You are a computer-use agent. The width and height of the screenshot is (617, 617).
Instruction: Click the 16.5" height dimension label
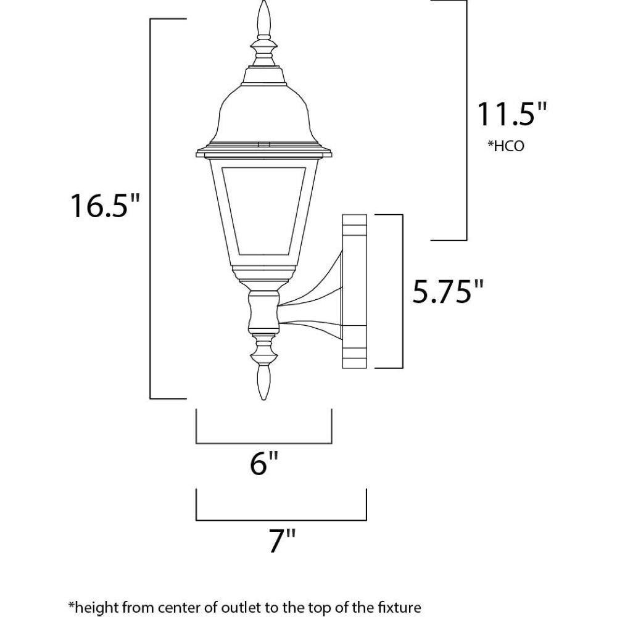(105, 206)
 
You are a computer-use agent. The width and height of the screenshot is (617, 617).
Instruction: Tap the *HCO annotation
(506, 146)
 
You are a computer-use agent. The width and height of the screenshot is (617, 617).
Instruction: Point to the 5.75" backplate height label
(447, 292)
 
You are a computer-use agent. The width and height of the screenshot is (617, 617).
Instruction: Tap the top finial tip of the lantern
(263, 1)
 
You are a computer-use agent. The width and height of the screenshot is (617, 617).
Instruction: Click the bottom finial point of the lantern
(263, 399)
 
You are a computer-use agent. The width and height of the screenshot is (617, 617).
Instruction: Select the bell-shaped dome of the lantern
(263, 114)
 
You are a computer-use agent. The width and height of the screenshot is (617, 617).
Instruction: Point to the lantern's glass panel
(263, 210)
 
